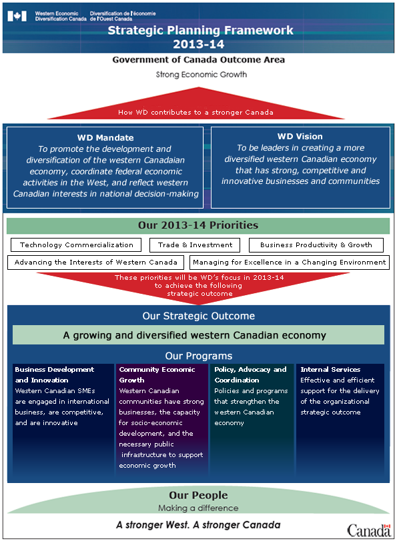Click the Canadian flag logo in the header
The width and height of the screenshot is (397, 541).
click(x=17, y=16)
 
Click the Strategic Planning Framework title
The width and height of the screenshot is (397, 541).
click(x=200, y=31)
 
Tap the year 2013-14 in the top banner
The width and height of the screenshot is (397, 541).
click(x=199, y=44)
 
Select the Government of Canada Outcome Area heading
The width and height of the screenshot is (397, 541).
click(x=199, y=60)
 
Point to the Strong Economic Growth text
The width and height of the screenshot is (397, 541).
click(x=201, y=75)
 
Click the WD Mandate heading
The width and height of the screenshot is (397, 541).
click(x=105, y=138)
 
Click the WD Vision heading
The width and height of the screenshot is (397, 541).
click(x=300, y=137)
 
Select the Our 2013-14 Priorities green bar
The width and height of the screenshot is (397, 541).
click(x=198, y=226)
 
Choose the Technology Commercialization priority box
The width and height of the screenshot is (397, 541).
click(x=76, y=245)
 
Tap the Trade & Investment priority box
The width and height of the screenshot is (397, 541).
click(x=195, y=245)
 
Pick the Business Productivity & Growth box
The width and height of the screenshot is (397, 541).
click(x=316, y=245)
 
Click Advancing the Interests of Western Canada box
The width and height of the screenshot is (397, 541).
click(x=95, y=263)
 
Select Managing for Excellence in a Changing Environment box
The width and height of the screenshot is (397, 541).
click(x=290, y=263)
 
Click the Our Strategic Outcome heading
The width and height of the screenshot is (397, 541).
click(x=199, y=316)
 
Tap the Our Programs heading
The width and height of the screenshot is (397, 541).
click(x=199, y=356)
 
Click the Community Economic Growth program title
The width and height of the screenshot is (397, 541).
click(x=157, y=374)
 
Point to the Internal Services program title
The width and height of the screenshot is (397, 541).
click(x=330, y=370)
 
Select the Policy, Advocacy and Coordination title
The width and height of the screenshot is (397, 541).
click(x=250, y=374)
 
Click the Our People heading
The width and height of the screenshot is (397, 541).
click(x=198, y=496)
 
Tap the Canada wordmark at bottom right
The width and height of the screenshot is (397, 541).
click(x=369, y=530)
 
